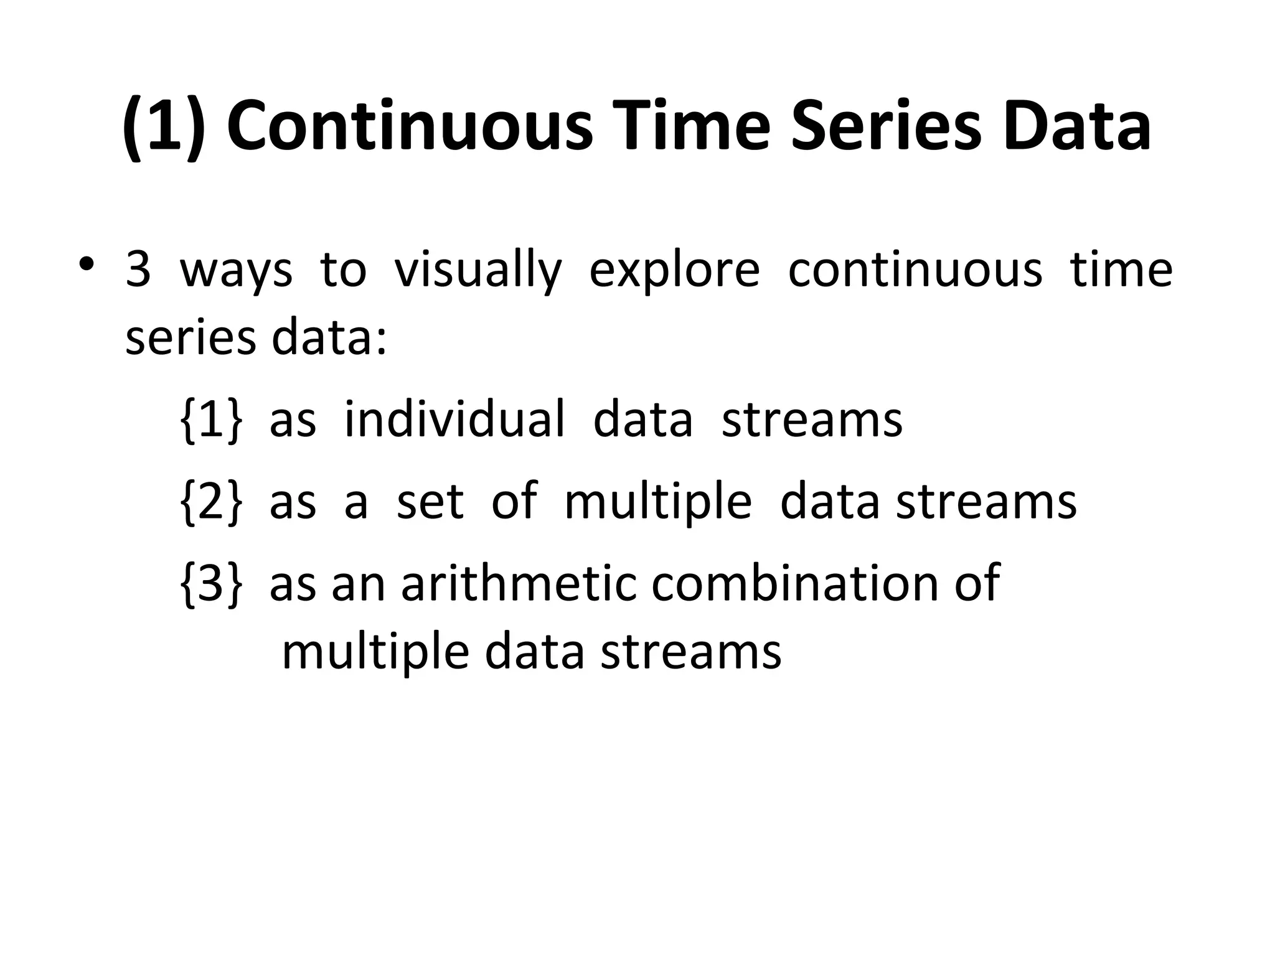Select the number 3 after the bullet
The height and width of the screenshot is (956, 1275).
(x=138, y=271)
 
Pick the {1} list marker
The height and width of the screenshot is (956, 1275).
(x=210, y=420)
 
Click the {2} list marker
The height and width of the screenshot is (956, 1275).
(x=210, y=502)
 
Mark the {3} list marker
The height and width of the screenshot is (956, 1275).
(x=210, y=583)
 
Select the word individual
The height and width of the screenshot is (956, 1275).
(x=454, y=419)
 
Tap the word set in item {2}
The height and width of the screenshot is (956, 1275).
(x=430, y=501)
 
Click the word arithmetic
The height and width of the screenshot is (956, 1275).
(x=519, y=583)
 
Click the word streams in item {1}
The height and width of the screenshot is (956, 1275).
(x=811, y=420)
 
